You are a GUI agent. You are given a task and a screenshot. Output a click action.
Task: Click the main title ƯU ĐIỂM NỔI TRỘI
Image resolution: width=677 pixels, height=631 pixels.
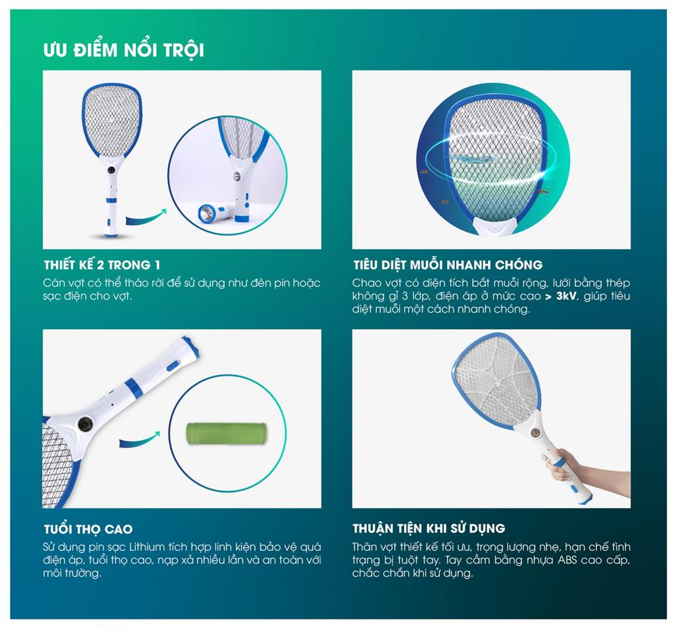[x=123, y=49]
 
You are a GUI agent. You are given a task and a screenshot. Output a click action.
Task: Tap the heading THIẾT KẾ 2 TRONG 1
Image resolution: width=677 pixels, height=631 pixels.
[x=102, y=265]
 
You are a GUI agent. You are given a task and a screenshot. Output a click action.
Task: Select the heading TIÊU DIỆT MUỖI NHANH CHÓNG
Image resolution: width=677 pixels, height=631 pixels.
[x=447, y=265]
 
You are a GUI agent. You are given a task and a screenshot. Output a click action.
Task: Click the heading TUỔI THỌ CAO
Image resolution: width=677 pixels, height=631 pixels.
[x=88, y=529]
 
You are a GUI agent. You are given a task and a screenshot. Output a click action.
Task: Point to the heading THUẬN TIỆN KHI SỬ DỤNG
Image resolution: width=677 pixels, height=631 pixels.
[x=429, y=528]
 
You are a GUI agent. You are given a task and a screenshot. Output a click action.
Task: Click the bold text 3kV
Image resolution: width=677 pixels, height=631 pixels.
[x=566, y=296]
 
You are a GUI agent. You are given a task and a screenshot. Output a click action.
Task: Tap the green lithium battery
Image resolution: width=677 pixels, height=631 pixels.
[x=226, y=433]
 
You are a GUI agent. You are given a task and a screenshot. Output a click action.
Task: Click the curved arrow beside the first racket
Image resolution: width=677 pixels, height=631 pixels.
[x=146, y=217]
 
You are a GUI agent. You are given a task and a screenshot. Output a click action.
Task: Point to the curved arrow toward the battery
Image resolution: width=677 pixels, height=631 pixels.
[x=139, y=439]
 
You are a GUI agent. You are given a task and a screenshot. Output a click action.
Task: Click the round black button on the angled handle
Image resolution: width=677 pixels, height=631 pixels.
[x=85, y=424]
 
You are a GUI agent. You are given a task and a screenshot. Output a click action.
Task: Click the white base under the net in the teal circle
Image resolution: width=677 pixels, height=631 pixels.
[x=496, y=226]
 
